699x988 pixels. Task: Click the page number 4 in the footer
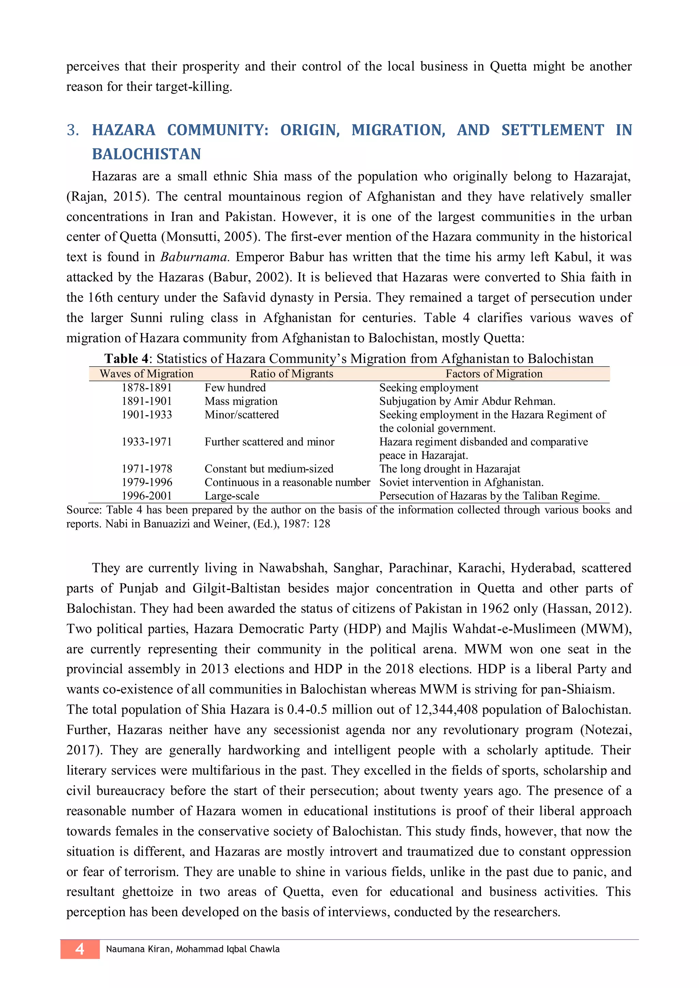coord(80,949)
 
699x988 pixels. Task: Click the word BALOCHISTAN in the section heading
coord(146,154)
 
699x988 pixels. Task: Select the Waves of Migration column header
coord(146,374)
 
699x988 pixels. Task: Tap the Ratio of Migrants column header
coord(291,374)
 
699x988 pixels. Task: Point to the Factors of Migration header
coord(494,374)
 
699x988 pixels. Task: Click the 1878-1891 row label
coord(146,387)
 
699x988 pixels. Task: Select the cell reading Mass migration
coord(241,401)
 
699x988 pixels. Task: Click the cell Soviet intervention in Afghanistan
coord(461,482)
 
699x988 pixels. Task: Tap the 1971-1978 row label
coord(146,469)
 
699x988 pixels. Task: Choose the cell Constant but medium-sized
coord(269,469)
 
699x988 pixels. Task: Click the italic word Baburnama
coord(194,257)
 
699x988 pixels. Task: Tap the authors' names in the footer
coord(192,949)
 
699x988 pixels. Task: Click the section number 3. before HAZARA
coord(73,130)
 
